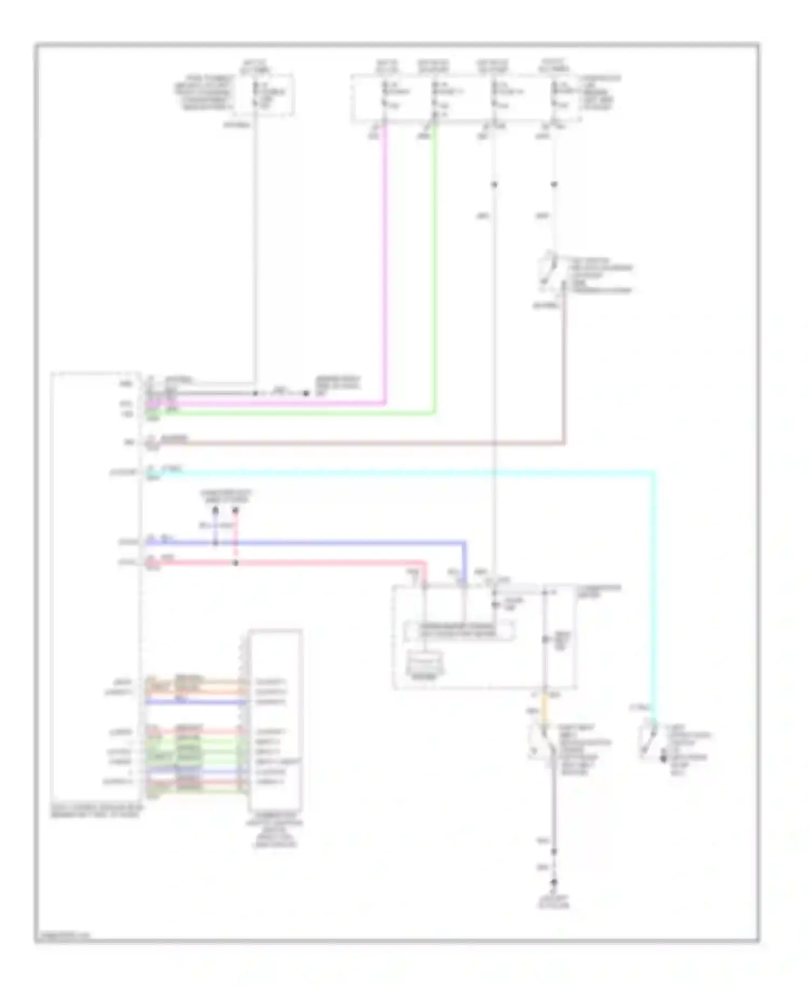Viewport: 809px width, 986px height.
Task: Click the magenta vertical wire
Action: [385, 270]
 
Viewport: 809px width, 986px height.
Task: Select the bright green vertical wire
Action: [435, 270]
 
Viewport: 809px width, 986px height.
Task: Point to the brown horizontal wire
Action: [378, 443]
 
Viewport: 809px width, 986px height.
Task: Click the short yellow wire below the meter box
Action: [545, 707]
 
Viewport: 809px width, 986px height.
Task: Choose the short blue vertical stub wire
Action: [215, 526]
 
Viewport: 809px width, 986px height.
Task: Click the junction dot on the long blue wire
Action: [215, 542]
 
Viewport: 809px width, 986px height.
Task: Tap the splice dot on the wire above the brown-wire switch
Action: [554, 185]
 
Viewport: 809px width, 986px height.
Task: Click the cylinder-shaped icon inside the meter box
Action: [424, 662]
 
